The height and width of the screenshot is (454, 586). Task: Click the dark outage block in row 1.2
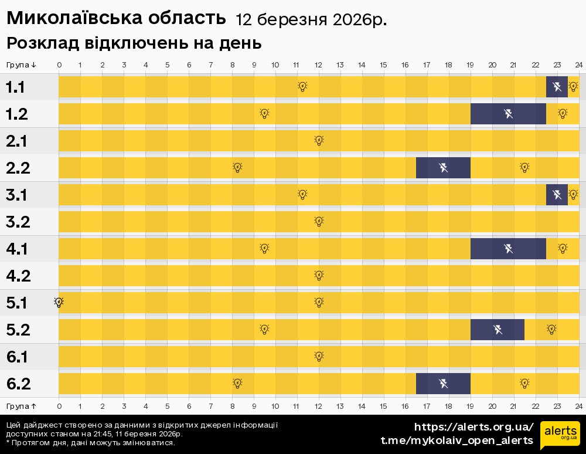pos(508,114)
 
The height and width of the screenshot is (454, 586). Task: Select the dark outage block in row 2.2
pos(443,168)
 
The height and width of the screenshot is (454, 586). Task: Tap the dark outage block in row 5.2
pos(497,330)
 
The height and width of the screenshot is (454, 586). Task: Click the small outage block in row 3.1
pos(557,195)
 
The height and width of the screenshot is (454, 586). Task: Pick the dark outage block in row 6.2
pos(443,384)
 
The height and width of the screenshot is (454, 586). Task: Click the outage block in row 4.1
pos(508,249)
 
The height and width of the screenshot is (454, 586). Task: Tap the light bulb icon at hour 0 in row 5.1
pos(59,302)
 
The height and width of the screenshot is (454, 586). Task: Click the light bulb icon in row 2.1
pos(319,140)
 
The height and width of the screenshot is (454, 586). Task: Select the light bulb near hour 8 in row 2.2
pos(237,168)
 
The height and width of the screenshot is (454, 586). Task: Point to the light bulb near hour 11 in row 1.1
pos(302,87)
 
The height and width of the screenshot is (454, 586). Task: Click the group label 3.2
pos(18,222)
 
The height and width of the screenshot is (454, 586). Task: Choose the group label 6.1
pos(18,357)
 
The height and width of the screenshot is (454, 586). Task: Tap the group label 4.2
pos(18,276)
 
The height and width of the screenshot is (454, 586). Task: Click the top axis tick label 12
pos(318,65)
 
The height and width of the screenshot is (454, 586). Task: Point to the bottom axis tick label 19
pos(470,406)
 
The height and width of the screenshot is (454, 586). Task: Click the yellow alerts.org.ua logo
pos(560,435)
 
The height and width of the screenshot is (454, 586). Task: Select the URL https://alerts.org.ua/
pos(473,426)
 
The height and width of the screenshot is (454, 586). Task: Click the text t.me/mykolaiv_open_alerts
pos(457,441)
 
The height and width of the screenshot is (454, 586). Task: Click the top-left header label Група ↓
pos(21,65)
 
